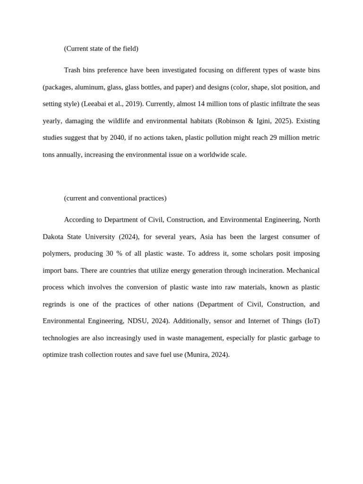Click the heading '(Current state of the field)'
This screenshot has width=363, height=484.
click(x=101, y=49)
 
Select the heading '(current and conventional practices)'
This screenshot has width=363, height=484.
click(x=115, y=198)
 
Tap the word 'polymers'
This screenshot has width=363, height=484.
click(x=56, y=253)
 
